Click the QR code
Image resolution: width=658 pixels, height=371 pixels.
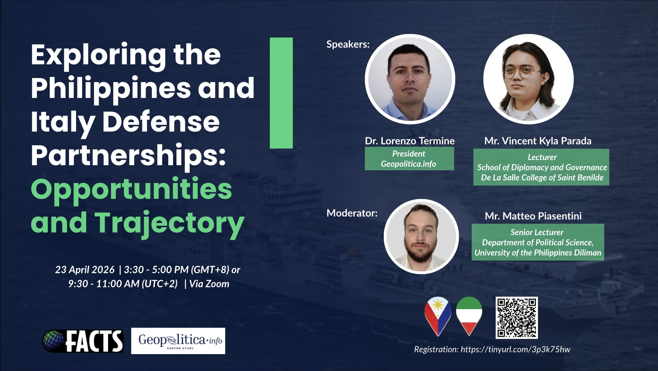click(517, 318)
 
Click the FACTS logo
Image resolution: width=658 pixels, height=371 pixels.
click(83, 341)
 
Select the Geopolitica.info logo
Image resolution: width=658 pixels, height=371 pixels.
click(178, 341)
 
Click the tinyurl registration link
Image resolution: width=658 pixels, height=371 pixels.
click(515, 349)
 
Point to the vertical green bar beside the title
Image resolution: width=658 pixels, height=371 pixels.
click(281, 93)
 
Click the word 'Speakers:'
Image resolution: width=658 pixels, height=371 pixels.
click(348, 44)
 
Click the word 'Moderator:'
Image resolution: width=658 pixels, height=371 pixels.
click(352, 213)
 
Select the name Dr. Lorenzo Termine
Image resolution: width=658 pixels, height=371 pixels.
click(410, 141)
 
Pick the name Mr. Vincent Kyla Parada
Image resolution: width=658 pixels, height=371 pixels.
click(538, 141)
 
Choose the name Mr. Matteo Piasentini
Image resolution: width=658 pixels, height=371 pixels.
click(533, 216)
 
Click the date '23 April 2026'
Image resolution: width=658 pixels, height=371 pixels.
click(85, 270)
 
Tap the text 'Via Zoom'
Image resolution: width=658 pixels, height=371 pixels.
click(209, 284)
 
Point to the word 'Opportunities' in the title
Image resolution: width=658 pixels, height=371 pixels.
click(132, 189)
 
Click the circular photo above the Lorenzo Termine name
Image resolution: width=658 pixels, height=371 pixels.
click(410, 79)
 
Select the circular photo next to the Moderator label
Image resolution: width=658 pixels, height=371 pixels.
click(421, 237)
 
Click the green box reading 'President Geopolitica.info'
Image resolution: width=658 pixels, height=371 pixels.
click(409, 158)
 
